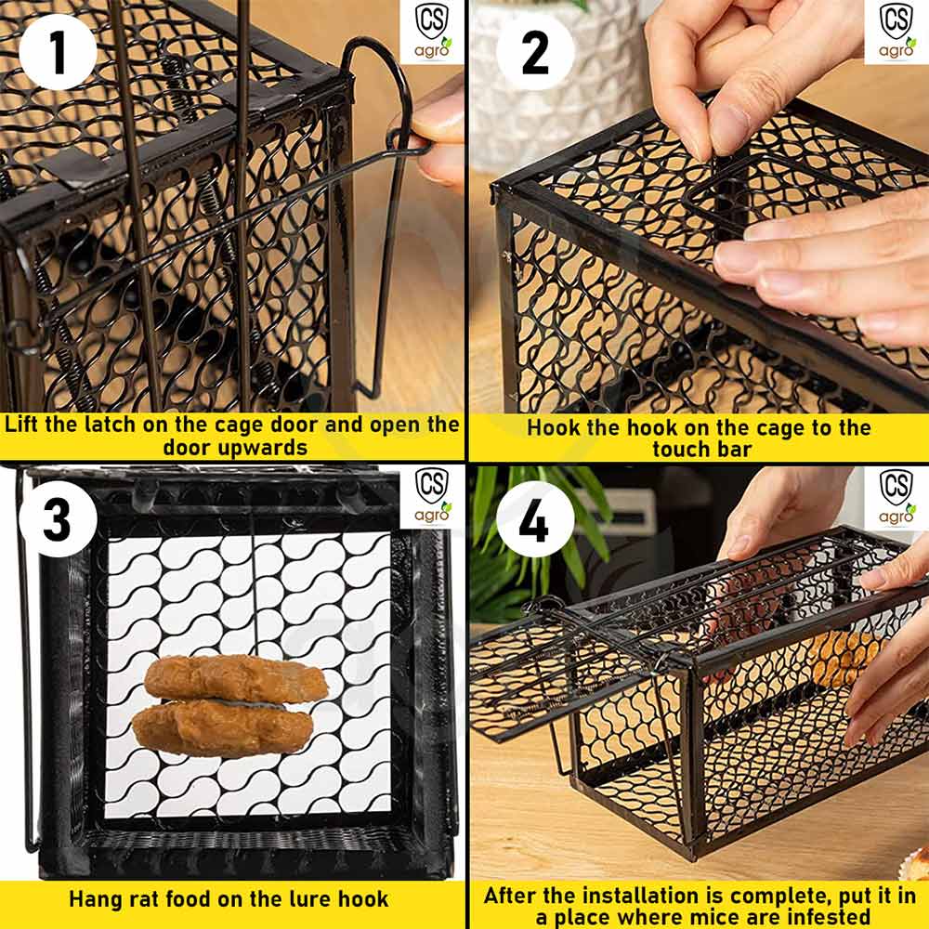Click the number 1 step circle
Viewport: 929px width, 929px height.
coord(58,52)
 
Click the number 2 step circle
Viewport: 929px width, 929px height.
coord(535,52)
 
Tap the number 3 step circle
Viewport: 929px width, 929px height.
coord(58,519)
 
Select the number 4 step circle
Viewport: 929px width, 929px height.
coord(535,519)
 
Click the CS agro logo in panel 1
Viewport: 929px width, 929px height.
coord(432,32)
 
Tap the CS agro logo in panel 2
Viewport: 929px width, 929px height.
coord(896,32)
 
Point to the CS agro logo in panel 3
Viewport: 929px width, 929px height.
coord(432,496)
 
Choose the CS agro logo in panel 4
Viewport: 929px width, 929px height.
coord(896,496)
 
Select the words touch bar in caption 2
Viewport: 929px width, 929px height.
coord(701,449)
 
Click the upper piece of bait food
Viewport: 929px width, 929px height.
coord(236,678)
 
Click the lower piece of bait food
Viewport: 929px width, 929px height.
coord(223,728)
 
